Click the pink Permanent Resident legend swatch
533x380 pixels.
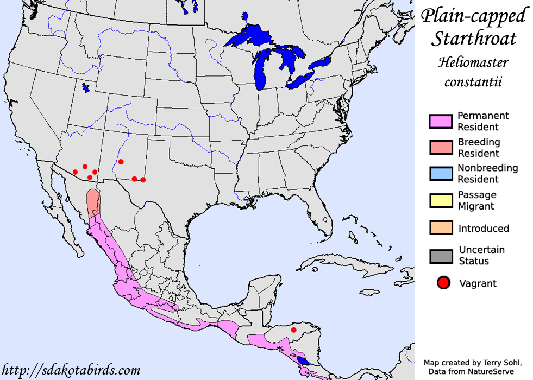(x=441, y=121)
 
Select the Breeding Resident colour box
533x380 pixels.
(x=441, y=147)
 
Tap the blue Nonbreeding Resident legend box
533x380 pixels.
(x=441, y=174)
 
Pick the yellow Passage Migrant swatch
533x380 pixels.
(x=441, y=200)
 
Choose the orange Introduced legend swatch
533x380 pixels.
(x=441, y=228)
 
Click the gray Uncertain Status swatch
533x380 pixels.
(x=441, y=255)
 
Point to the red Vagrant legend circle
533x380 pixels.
(x=444, y=283)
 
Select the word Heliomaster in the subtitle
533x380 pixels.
(x=473, y=62)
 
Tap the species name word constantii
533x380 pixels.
(x=473, y=83)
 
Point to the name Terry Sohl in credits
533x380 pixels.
(x=495, y=362)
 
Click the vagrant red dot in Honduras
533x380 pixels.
(x=294, y=330)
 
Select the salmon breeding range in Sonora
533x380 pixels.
(x=93, y=202)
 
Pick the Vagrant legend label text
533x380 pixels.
(x=478, y=283)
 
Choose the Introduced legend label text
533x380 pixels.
(x=484, y=229)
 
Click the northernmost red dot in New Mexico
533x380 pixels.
(x=121, y=161)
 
